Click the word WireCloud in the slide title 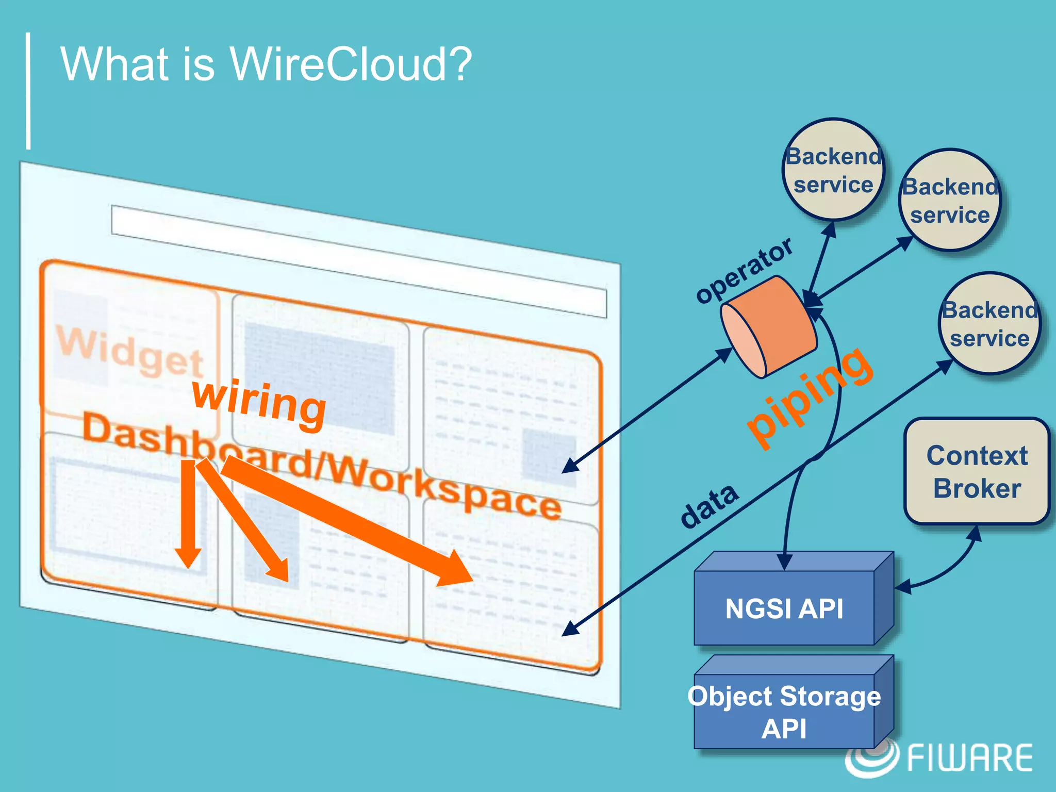coord(350,64)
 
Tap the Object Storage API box coord(784,712)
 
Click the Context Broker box coord(977,471)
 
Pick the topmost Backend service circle coord(833,170)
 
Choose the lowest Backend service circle coord(989,324)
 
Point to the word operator coord(744,270)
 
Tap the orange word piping coord(810,397)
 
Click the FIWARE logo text coord(969,758)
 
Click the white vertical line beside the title coord(28,91)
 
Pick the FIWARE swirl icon coord(871,758)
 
